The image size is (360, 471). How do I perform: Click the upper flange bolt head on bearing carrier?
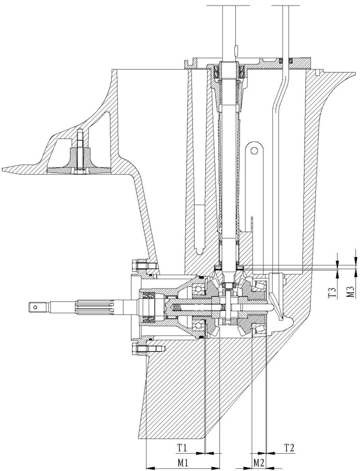tap(138, 266)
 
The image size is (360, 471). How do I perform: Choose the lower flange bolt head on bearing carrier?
tap(138, 348)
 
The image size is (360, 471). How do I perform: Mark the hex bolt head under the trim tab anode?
tap(77, 173)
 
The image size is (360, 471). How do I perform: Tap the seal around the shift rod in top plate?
tap(286, 60)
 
